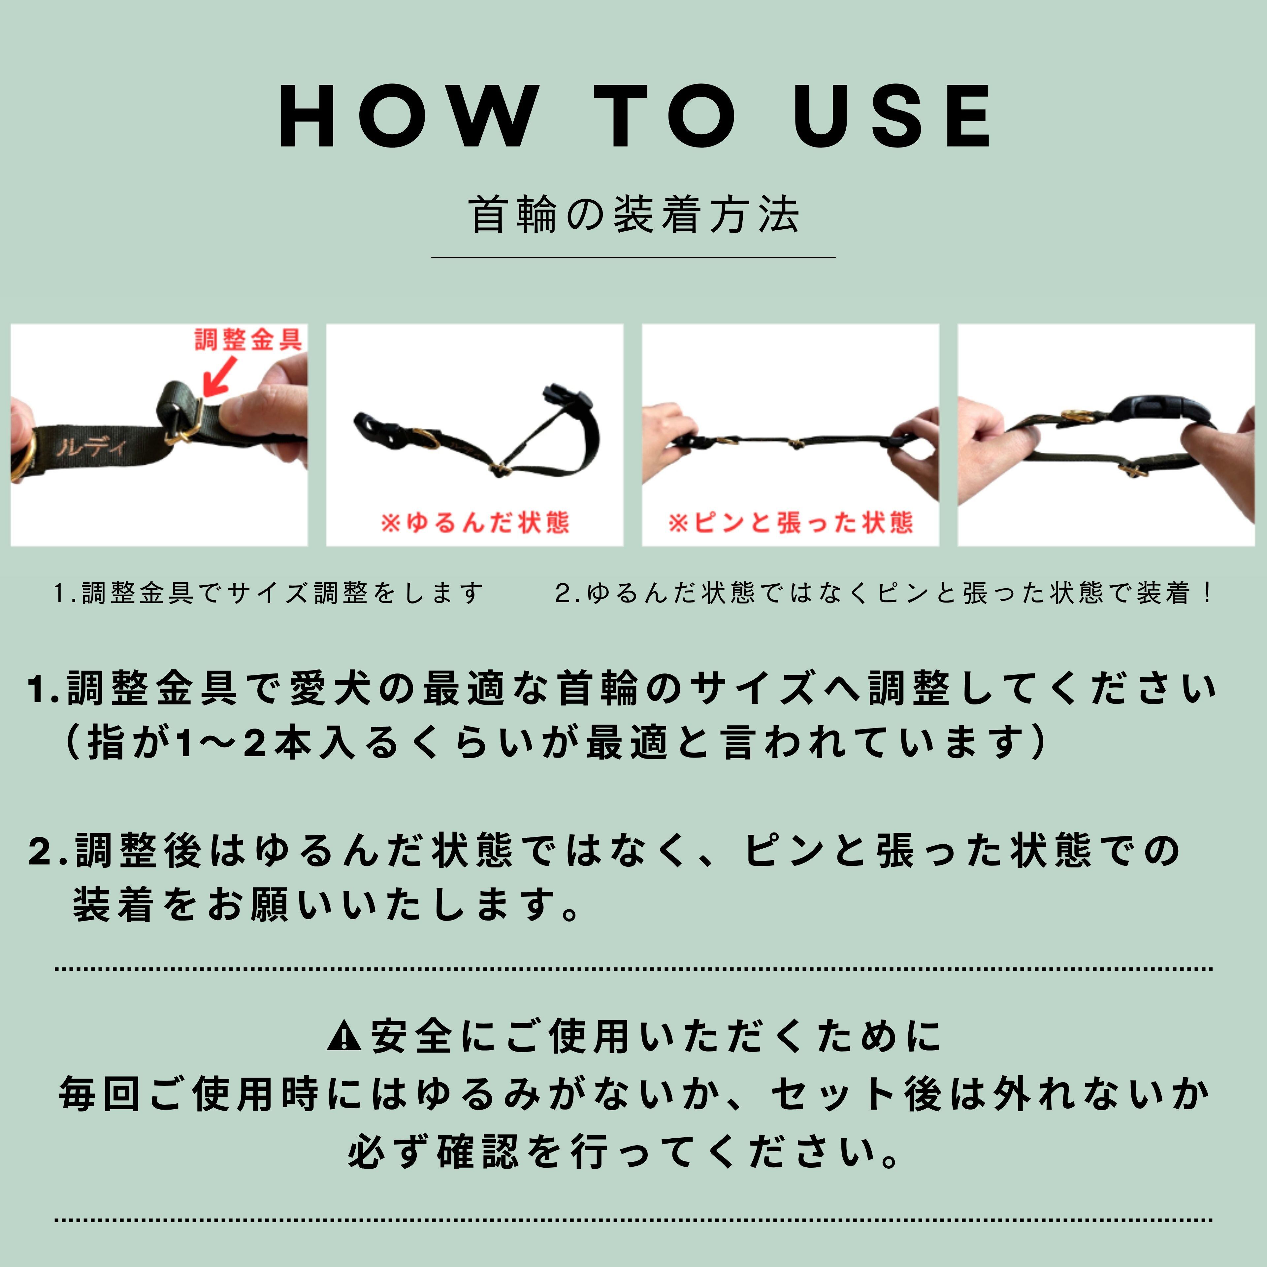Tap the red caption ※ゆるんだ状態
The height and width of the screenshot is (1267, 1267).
pyautogui.click(x=474, y=523)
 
